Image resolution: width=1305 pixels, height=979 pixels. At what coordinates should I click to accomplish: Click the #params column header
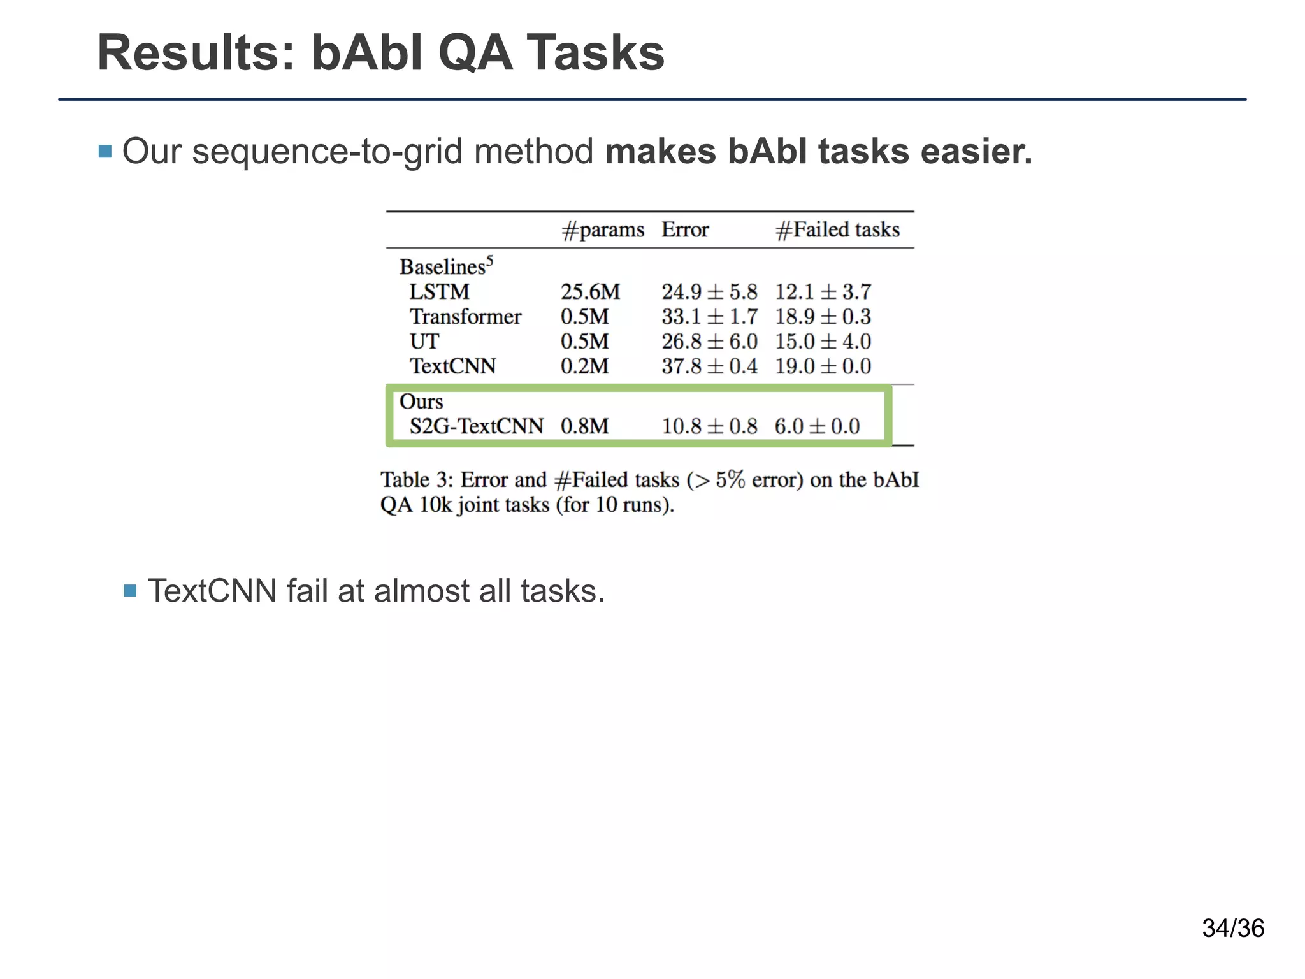click(602, 229)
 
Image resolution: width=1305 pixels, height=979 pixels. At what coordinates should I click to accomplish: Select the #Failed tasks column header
click(837, 229)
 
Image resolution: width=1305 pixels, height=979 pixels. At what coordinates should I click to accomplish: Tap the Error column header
click(684, 229)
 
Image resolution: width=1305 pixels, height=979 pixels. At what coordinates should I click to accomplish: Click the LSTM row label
click(439, 292)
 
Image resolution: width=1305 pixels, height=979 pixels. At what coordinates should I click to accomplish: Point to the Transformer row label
click(465, 317)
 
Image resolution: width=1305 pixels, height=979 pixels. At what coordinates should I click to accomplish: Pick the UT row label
click(424, 342)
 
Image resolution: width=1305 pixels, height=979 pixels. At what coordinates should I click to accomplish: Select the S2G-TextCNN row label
click(476, 426)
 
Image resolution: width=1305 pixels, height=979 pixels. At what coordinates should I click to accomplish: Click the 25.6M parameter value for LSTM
click(590, 292)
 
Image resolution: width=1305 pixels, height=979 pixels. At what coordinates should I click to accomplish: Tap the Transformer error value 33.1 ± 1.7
click(709, 317)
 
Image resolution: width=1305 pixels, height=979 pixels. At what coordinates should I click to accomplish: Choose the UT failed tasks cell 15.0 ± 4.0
click(823, 342)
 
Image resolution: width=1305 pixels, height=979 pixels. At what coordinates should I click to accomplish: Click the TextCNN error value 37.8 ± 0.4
click(709, 366)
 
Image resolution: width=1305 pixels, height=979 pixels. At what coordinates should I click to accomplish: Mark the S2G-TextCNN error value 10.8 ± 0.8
click(709, 426)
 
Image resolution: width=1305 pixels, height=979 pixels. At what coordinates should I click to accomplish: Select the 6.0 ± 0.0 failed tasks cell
click(817, 426)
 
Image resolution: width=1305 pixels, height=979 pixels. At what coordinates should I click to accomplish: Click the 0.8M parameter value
click(584, 426)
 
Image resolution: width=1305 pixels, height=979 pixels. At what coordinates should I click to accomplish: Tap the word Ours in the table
click(421, 402)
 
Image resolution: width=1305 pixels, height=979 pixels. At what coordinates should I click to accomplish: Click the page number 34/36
click(1232, 929)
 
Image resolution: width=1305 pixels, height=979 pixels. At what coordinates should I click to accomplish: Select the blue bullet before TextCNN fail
click(131, 591)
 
